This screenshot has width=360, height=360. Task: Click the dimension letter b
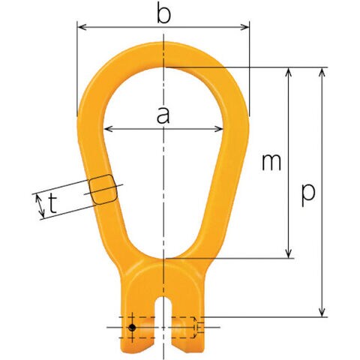coord(164,12)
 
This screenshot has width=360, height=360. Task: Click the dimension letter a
coord(163,115)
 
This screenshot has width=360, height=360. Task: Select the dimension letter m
coord(271,163)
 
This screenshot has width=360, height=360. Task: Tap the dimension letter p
coord(308,196)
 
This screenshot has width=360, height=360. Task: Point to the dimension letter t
coord(52,203)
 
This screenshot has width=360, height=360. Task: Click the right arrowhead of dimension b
coord(244,27)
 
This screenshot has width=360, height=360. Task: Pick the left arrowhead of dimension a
coord(108,129)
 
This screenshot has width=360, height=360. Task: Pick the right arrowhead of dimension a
coord(218,129)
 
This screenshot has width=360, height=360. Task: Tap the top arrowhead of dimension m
coord(289,72)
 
